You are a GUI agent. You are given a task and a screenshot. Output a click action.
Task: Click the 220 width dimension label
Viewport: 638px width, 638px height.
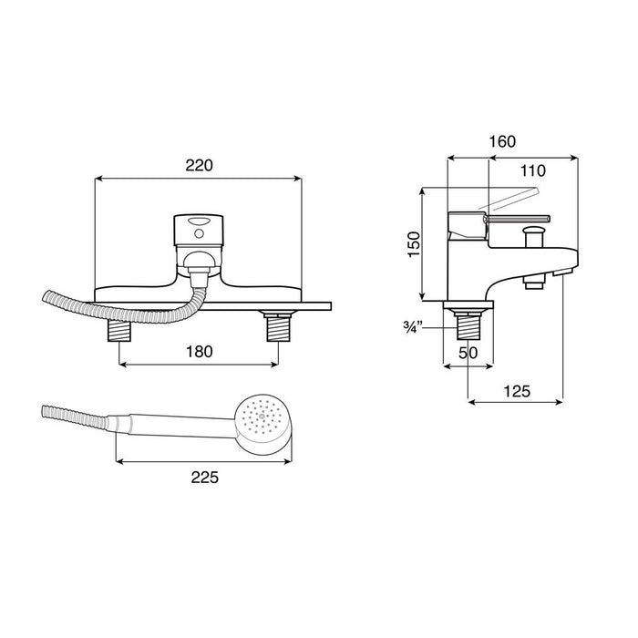[x=199, y=166]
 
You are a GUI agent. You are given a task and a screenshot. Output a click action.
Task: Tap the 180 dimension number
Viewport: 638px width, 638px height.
[x=199, y=352]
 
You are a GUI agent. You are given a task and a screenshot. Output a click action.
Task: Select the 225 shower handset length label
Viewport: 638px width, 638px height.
[x=205, y=478]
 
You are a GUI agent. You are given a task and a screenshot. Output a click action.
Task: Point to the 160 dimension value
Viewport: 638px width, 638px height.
[x=502, y=141]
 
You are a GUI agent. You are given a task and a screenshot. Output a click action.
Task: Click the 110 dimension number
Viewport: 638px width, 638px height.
[x=533, y=171]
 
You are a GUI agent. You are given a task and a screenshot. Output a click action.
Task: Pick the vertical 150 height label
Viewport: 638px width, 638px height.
[x=414, y=244]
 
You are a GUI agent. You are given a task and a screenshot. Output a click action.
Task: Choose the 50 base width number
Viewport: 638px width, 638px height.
[x=468, y=353]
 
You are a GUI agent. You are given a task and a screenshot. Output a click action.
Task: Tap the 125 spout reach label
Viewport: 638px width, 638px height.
[x=517, y=391]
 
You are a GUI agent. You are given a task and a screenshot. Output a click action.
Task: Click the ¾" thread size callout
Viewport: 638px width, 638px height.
[x=414, y=326]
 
